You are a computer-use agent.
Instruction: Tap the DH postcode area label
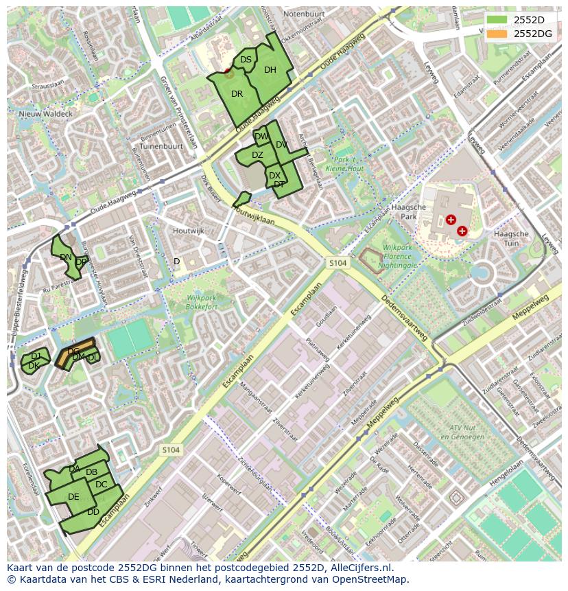tap(270, 70)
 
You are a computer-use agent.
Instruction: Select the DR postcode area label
tap(237, 94)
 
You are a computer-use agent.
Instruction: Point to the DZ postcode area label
tap(257, 155)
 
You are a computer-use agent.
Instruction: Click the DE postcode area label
tap(73, 497)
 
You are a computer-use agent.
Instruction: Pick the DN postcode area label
tap(66, 257)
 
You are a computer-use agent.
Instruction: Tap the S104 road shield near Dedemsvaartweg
tap(338, 263)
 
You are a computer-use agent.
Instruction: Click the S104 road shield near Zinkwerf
tap(171, 450)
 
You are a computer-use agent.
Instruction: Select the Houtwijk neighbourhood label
tap(189, 231)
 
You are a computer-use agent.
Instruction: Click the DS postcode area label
tap(246, 60)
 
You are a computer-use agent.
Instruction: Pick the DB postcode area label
tap(91, 472)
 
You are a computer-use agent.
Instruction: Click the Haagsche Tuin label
tap(511, 238)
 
